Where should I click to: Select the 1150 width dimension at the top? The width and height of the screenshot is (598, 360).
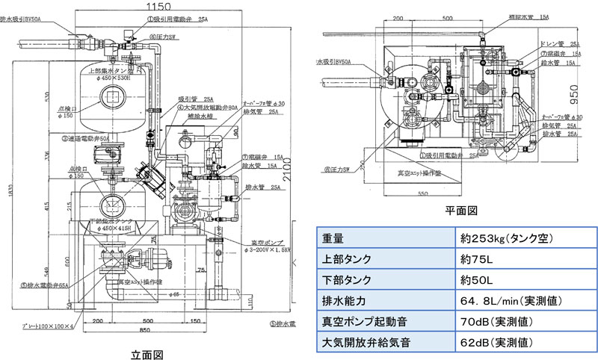tap(155, 6)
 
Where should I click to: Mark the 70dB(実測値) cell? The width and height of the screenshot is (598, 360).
tap(501, 323)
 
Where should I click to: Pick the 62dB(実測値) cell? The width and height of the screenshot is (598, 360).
tap(501, 344)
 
